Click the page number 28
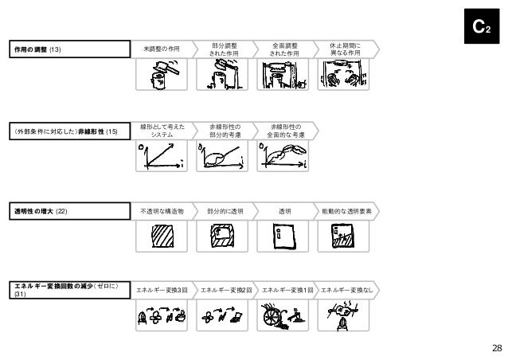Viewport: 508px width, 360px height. (x=496, y=348)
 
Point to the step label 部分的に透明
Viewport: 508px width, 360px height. (x=224, y=211)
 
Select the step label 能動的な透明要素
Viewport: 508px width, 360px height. (x=347, y=211)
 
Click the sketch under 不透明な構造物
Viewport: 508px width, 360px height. (x=162, y=238)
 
